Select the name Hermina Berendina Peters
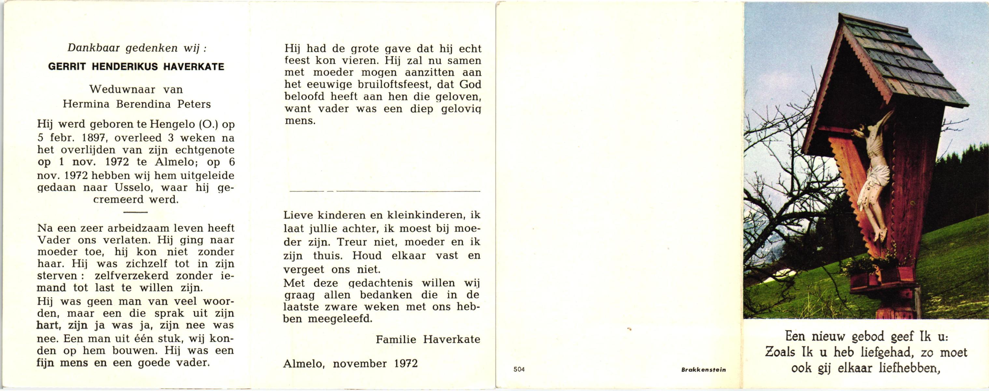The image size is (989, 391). [137, 104]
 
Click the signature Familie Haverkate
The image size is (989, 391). [428, 339]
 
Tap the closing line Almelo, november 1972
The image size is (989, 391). [350, 363]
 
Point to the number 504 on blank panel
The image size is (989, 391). [519, 369]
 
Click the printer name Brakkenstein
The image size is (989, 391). [703, 370]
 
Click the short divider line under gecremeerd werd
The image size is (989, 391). [136, 212]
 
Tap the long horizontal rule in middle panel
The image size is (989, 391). [385, 191]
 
